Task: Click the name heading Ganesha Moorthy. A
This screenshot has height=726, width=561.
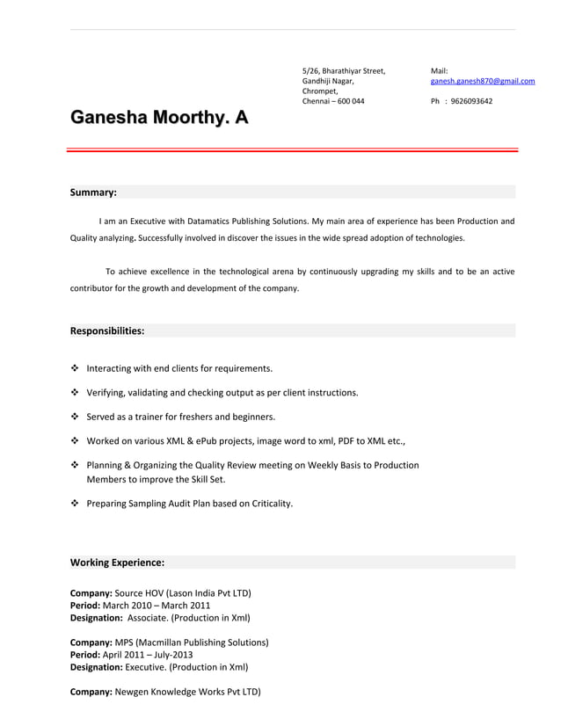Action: pyautogui.click(x=159, y=119)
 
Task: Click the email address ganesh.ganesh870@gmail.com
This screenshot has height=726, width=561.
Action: pyautogui.click(x=482, y=81)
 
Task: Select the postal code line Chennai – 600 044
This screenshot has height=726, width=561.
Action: pyautogui.click(x=333, y=101)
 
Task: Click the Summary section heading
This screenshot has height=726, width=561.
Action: pyautogui.click(x=93, y=192)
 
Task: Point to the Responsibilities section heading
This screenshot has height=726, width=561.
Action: pyautogui.click(x=107, y=331)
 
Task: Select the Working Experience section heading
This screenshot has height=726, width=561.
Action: pyautogui.click(x=117, y=562)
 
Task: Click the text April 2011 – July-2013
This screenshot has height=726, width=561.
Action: pyautogui.click(x=149, y=654)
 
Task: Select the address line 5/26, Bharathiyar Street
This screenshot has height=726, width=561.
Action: pyautogui.click(x=344, y=70)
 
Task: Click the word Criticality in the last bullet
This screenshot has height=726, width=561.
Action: pyautogui.click(x=267, y=504)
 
